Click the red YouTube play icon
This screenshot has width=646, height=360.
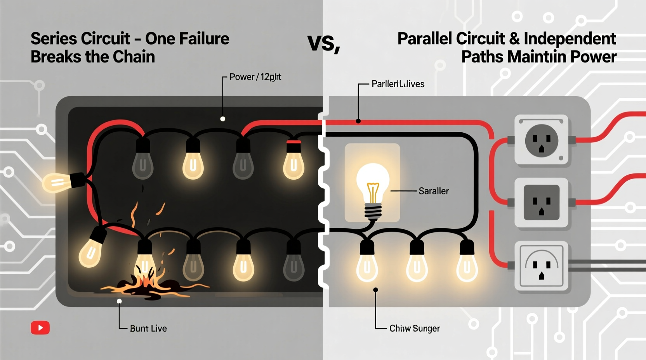pyautogui.click(x=40, y=328)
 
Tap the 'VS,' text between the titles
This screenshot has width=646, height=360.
pyautogui.click(x=323, y=43)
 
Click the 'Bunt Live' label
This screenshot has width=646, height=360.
pyautogui.click(x=148, y=329)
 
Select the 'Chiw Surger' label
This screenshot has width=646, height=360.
pyautogui.click(x=414, y=329)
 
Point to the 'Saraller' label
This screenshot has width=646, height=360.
pyautogui.click(x=433, y=191)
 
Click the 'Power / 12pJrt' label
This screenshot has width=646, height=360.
pyautogui.click(x=255, y=77)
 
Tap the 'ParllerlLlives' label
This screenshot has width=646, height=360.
pyautogui.click(x=398, y=84)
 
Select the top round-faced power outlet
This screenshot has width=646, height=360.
pyautogui.click(x=541, y=140)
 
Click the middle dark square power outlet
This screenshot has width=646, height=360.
pyautogui.click(x=541, y=202)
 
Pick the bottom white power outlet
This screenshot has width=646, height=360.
pyautogui.click(x=541, y=266)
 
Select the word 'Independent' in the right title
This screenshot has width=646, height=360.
pyautogui.click(x=570, y=39)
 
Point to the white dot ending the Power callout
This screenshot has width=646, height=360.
pyautogui.click(x=222, y=119)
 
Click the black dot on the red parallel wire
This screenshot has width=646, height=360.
pyautogui.click(x=358, y=121)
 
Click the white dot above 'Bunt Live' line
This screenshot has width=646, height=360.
pyautogui.click(x=119, y=301)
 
